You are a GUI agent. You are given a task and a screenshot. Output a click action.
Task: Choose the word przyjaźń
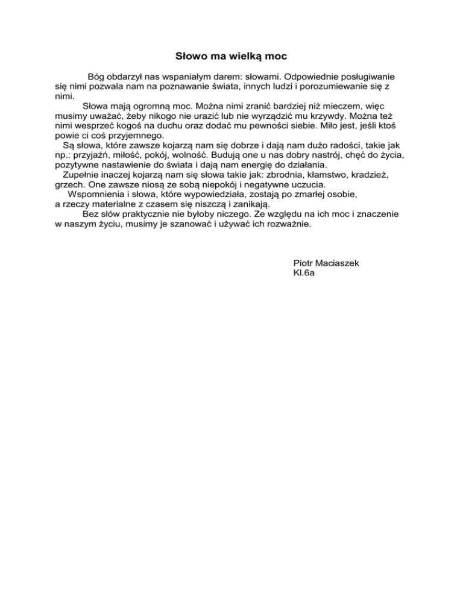click(x=91, y=154)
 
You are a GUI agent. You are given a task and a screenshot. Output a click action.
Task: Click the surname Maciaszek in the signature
click(x=339, y=263)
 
